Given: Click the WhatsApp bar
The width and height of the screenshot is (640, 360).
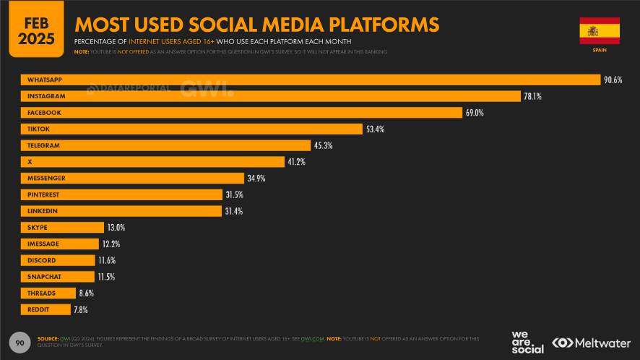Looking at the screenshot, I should pyautogui.click(x=311, y=80).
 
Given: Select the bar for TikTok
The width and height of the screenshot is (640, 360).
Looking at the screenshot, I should pyautogui.click(x=191, y=129).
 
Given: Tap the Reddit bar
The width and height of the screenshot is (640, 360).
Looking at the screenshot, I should pyautogui.click(x=46, y=309).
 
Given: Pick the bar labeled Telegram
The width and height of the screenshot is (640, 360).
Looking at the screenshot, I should pyautogui.click(x=166, y=145).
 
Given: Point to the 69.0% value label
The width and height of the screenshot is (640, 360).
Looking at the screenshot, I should pyautogui.click(x=475, y=113).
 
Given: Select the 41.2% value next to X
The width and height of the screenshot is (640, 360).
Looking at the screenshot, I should pyautogui.click(x=297, y=162).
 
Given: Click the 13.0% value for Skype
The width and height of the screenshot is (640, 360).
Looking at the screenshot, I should pyautogui.click(x=116, y=228).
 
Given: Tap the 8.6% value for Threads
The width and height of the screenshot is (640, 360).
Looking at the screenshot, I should pyautogui.click(x=87, y=293).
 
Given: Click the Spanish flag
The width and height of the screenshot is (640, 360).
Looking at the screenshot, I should pyautogui.click(x=599, y=31).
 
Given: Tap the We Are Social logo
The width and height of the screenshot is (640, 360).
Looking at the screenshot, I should pyautogui.click(x=527, y=342).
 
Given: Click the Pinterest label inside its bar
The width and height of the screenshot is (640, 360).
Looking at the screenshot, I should pyautogui.click(x=43, y=194).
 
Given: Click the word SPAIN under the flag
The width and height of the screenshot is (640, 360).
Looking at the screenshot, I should pyautogui.click(x=599, y=51).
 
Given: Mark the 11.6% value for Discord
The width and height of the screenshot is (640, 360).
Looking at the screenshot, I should pyautogui.click(x=106, y=260).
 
